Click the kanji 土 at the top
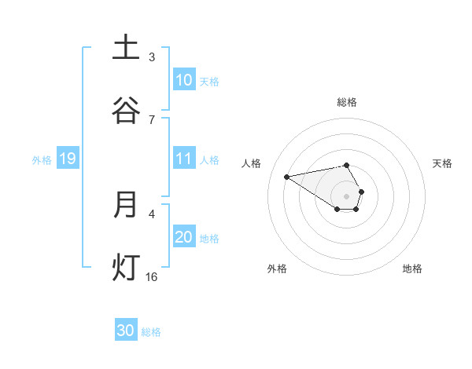[126, 48]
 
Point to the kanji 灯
[126, 267]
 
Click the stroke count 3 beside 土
[152, 57]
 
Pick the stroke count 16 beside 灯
[152, 276]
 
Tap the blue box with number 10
[184, 80]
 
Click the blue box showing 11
[184, 159]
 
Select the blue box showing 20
[184, 237]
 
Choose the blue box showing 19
[68, 159]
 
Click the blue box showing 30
[126, 331]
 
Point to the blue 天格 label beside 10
[209, 81]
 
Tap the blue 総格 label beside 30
[151, 331]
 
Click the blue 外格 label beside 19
[42, 159]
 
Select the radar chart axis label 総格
[347, 102]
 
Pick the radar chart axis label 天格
[443, 163]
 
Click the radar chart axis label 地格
[412, 269]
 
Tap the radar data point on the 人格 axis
[286, 176]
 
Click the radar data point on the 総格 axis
[347, 165]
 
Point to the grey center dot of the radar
[347, 195]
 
